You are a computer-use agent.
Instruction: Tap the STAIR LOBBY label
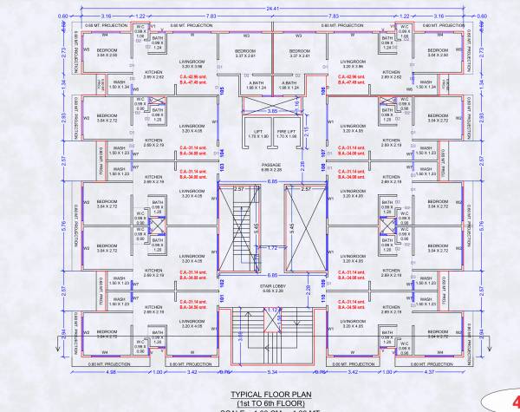pos(271,285)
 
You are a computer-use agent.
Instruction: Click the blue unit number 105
pos(223,90)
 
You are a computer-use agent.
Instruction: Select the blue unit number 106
pos(321,90)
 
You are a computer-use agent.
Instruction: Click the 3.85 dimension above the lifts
pos(271,110)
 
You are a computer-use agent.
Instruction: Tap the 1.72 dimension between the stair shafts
pos(271,248)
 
